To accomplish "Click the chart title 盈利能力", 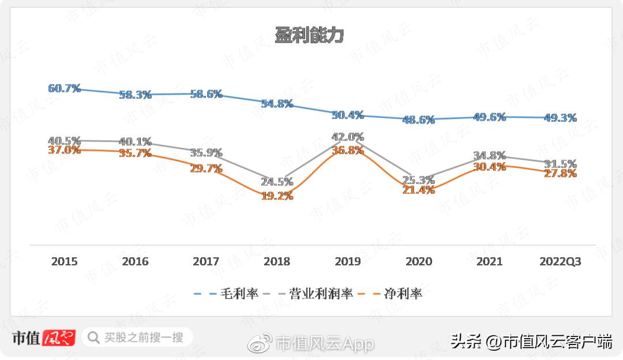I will click(309, 36).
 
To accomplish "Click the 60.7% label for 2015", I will click(64, 88).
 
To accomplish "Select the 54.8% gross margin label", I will click(277, 104).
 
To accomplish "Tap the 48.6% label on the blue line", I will click(418, 120).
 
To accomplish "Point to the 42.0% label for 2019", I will click(348, 137).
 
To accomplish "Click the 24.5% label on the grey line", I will click(277, 181).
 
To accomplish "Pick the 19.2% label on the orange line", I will click(277, 196).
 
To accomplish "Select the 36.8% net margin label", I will click(348, 150).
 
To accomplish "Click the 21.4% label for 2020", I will click(418, 189).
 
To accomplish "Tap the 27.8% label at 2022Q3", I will click(560, 173).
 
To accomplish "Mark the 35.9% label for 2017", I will click(206, 153).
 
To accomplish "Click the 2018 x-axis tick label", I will click(277, 261).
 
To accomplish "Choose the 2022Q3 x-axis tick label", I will click(560, 261).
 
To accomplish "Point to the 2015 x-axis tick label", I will click(64, 261).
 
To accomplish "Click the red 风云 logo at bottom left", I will click(59, 337).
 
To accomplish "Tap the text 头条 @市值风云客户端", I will click(531, 342).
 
